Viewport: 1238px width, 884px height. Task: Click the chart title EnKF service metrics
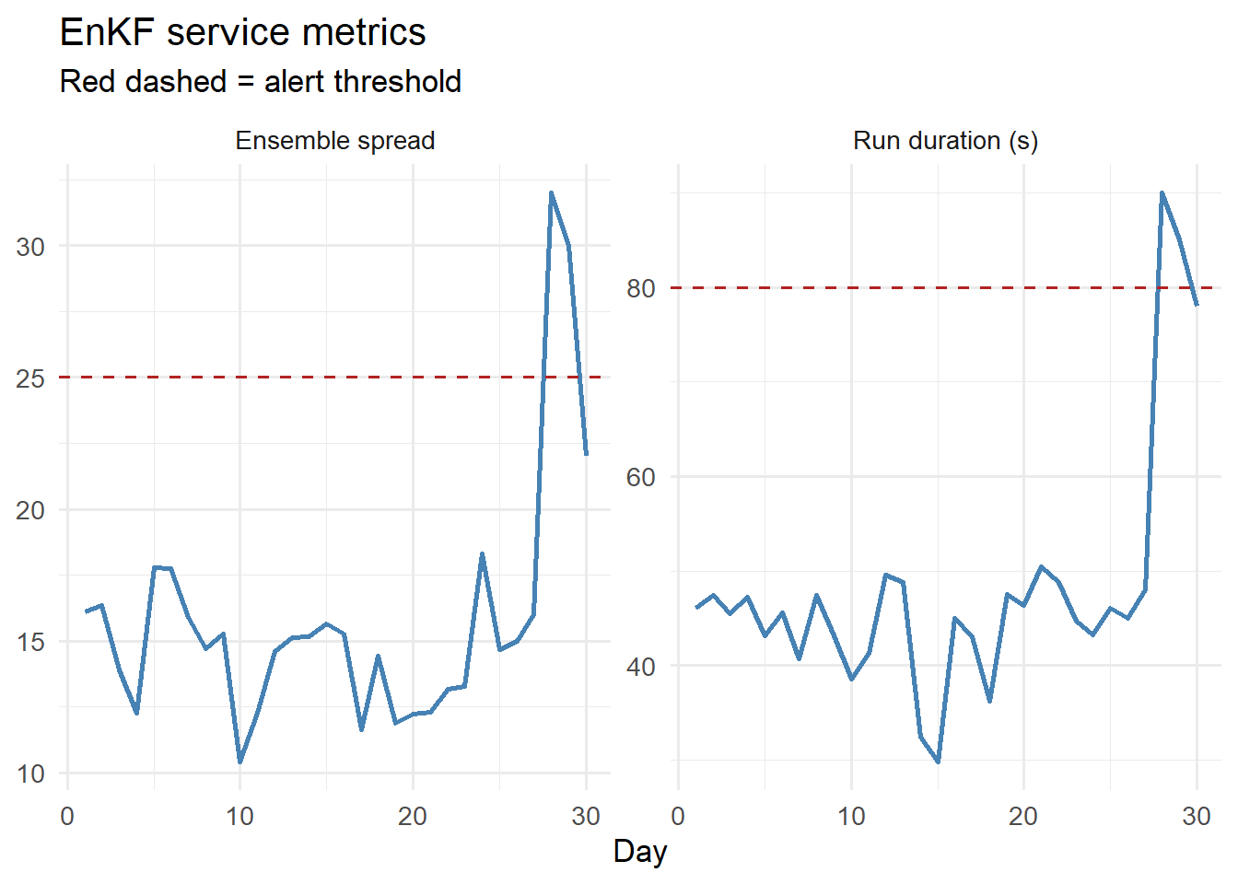pos(242,33)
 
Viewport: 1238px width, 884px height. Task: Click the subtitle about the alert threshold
pos(260,82)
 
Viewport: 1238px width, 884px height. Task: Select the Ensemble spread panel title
pos(334,141)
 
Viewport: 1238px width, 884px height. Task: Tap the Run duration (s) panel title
pos(945,141)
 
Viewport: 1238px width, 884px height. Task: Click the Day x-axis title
pos(639,852)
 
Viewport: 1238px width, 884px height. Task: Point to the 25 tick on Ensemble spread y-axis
pos(30,378)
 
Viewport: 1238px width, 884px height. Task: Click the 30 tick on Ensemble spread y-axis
pos(30,247)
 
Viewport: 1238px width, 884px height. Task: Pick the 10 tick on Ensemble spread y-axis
pos(30,774)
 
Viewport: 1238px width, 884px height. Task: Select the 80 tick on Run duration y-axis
pos(641,288)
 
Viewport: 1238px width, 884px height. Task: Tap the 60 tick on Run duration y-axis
pos(641,478)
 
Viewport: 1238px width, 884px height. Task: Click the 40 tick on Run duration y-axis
pos(641,667)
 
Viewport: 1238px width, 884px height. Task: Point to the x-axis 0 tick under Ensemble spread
pos(67,817)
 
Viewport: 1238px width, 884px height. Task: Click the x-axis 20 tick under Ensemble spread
pos(413,817)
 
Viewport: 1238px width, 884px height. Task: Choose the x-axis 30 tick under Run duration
pos(1197,817)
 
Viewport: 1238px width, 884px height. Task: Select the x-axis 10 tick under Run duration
pos(851,817)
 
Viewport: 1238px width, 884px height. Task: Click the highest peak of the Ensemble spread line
pos(551,193)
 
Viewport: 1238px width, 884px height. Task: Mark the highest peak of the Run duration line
pos(1162,193)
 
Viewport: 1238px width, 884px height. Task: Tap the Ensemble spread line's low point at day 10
pos(240,762)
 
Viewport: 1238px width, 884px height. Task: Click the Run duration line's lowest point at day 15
pos(938,762)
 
